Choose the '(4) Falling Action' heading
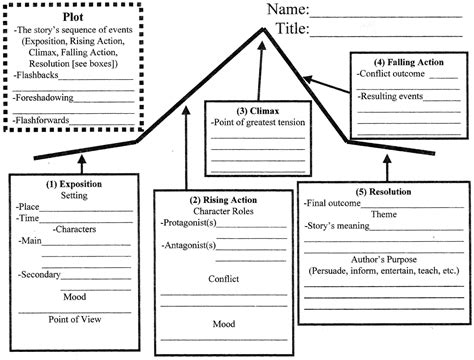click(x=409, y=62)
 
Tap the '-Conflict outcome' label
click(x=391, y=74)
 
